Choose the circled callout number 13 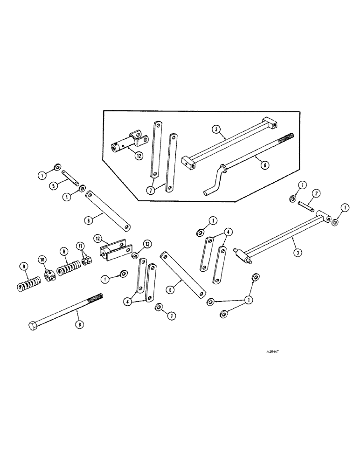[x=147, y=244]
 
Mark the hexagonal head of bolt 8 [x=33, y=326]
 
